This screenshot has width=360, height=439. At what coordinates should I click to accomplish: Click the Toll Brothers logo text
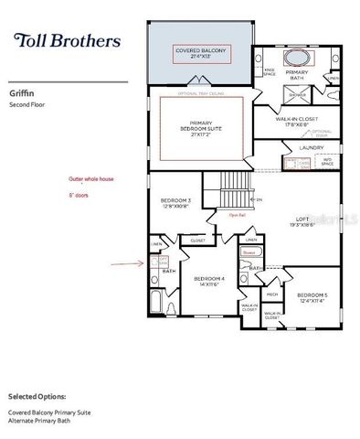pyautogui.click(x=67, y=40)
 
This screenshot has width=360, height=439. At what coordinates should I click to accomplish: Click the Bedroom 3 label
pyautogui.click(x=176, y=201)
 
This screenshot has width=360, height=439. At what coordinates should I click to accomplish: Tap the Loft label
pyautogui.click(x=302, y=221)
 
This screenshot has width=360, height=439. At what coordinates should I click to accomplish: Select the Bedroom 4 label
pyautogui.click(x=209, y=281)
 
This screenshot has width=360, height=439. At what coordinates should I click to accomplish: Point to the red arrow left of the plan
pyautogui.click(x=122, y=263)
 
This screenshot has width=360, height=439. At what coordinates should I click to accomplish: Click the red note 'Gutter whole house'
pyautogui.click(x=89, y=180)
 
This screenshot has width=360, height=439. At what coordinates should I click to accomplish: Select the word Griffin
pyautogui.click(x=22, y=91)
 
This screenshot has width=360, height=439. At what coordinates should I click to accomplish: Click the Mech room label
pyautogui.click(x=272, y=294)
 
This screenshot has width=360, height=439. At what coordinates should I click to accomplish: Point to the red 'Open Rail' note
pyautogui.click(x=236, y=217)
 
